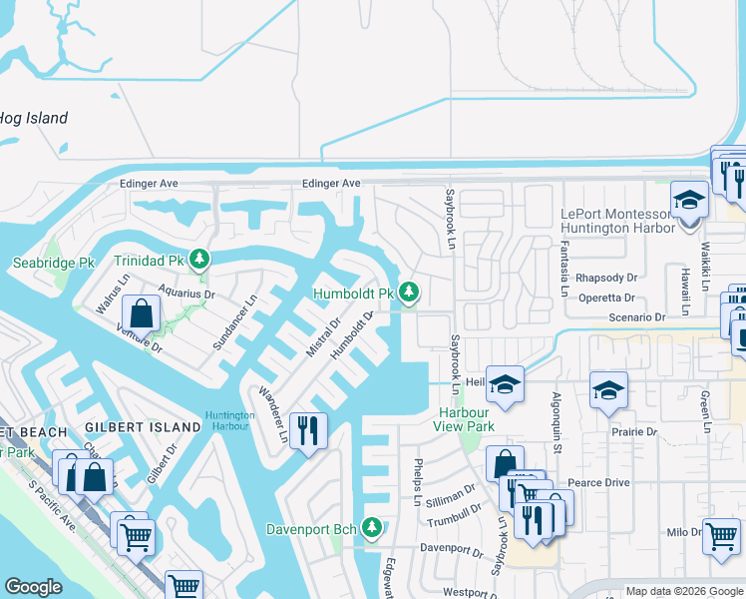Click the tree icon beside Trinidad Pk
click(200, 260)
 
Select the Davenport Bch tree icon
click(372, 526)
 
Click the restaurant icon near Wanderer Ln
click(308, 431)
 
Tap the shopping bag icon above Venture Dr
click(143, 312)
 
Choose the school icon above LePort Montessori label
click(688, 201)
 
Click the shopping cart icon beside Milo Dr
click(721, 535)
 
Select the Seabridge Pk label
click(53, 263)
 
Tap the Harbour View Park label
click(465, 419)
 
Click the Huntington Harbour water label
click(229, 421)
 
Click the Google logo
click(34, 587)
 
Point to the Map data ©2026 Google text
click(683, 591)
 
